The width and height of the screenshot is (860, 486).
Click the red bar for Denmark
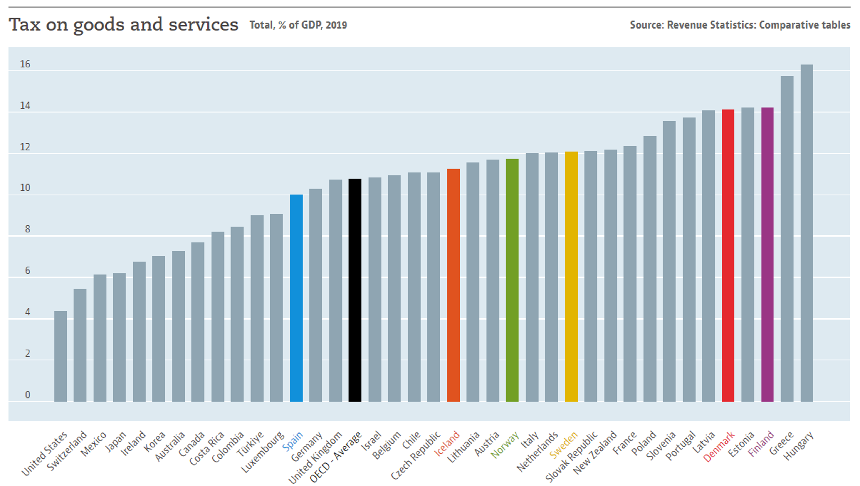[728, 255]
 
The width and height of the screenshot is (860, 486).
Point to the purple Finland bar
[768, 254]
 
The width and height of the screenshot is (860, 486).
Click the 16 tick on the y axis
[25, 64]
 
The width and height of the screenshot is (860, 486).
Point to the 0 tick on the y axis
[27, 395]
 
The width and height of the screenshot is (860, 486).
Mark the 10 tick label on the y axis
[25, 188]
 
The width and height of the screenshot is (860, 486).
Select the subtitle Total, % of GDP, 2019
[298, 25]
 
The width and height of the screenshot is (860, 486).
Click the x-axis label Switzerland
[67, 451]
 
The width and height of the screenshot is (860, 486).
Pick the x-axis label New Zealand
[595, 452]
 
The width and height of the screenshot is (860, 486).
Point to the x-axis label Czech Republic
[416, 456]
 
